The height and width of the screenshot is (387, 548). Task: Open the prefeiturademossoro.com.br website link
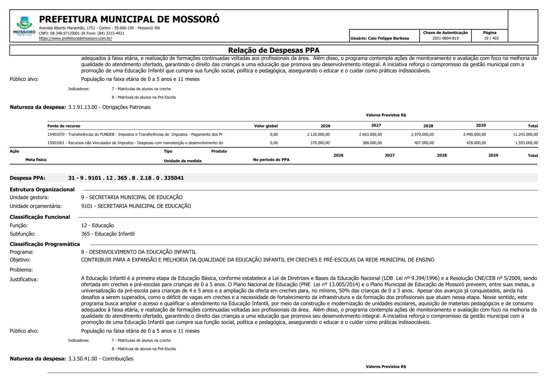coord(75,38)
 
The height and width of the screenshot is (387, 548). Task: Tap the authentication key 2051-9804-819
coord(445,38)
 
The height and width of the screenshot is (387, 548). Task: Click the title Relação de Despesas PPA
coord(274,50)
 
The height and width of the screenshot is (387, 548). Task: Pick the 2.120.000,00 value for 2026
coord(318,135)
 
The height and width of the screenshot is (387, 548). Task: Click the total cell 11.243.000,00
coord(525,135)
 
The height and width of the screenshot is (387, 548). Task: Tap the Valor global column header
coord(266,126)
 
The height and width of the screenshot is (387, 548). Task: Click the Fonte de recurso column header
coord(64,126)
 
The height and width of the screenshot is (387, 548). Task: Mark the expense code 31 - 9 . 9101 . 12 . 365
coord(126,178)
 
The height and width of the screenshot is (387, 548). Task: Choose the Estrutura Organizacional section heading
coord(42,189)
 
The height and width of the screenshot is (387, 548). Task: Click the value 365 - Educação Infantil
coord(108,234)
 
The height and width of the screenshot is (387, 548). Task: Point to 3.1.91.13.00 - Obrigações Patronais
coord(109,107)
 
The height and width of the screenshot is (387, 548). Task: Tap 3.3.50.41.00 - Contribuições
coord(101,359)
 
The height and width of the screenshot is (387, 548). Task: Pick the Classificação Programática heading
coord(45,244)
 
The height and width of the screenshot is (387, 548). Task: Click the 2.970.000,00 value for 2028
coord(422,135)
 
